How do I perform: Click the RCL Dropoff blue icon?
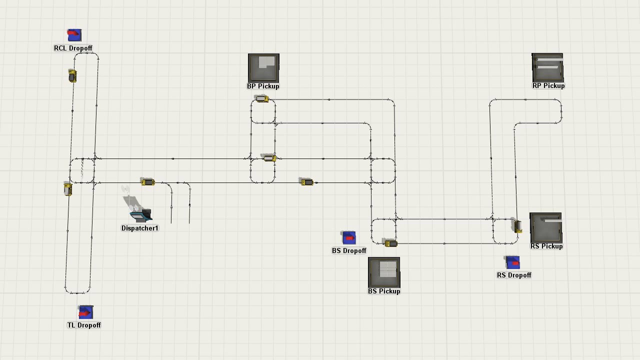pos(74,35)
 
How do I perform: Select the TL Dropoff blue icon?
pos(85,312)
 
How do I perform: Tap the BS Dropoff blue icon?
pos(348,238)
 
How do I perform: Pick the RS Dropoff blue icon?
pos(513,262)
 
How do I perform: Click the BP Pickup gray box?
pos(263,67)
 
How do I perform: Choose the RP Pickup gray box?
pos(547,67)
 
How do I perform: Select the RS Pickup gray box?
pos(545,227)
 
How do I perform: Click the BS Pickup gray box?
pos(384,272)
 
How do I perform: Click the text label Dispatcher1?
pos(140,228)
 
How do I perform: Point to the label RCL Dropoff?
pos(73,48)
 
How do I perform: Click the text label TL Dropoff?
pos(84,325)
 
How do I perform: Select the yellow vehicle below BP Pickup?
pos(261,99)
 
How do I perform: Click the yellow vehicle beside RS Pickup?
pos(518,226)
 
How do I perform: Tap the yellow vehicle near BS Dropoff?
pos(390,243)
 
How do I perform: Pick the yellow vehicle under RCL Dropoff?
pos(72,75)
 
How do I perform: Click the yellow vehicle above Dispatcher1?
pos(147,182)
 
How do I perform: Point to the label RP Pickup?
pos(548,86)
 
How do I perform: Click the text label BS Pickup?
pos(384,291)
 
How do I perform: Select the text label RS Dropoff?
pos(514,275)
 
